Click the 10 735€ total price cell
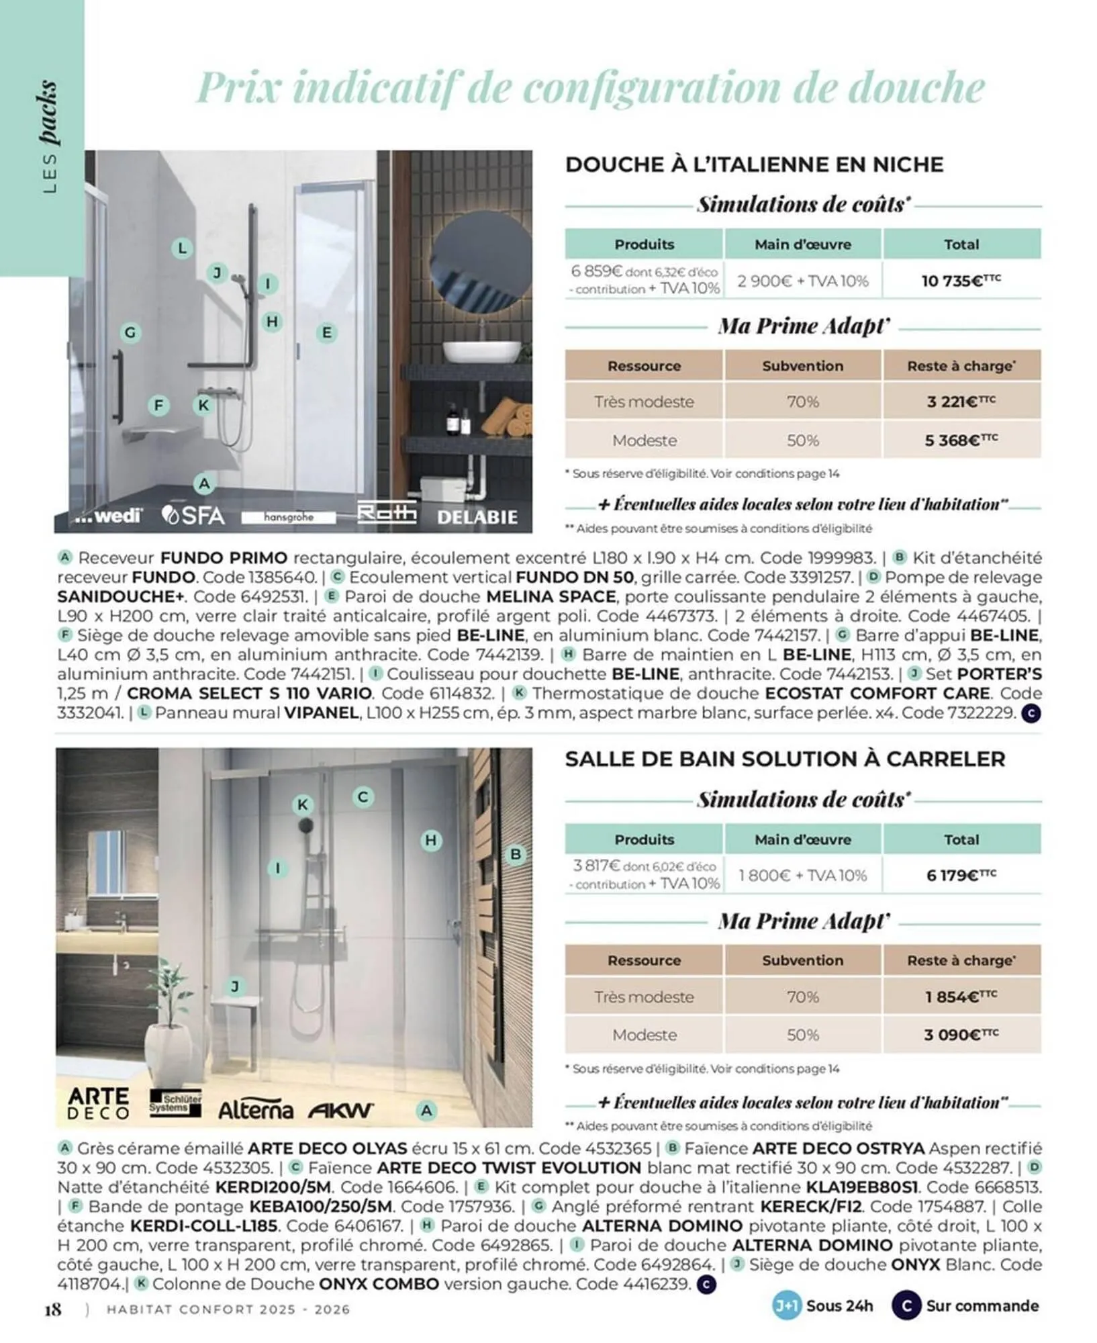[961, 280]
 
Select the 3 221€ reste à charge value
[961, 402]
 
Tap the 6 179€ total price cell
[961, 875]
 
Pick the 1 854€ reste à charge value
[961, 997]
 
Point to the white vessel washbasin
[482, 352]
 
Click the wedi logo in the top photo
[107, 516]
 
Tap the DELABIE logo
[477, 517]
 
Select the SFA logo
[193, 515]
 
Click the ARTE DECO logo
[99, 1103]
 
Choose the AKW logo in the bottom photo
[340, 1110]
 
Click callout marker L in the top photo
[182, 248]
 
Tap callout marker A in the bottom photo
[426, 1111]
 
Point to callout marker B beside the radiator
[516, 854]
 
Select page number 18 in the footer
[53, 1309]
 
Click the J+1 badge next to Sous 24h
[786, 1306]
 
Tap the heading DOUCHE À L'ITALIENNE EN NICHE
[754, 165]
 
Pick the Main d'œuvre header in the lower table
[802, 839]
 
